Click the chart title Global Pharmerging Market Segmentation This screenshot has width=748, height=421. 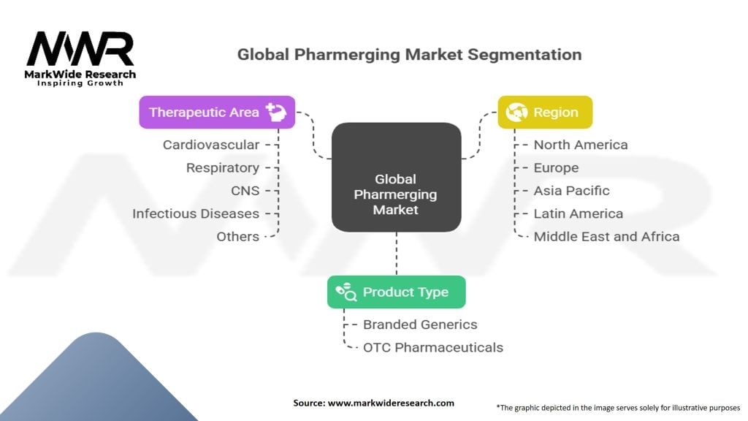coord(409,55)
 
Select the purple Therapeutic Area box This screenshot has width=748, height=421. coord(217,112)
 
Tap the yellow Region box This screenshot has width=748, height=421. coord(545,112)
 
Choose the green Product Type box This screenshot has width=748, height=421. coord(396,292)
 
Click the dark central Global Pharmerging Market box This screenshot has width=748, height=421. coord(396,178)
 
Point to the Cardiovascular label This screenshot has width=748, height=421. coord(211,145)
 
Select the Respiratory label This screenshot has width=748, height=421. coord(223,167)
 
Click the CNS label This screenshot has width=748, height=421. coord(245,191)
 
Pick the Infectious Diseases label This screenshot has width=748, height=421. coord(196,213)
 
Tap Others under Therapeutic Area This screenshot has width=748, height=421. coord(237,236)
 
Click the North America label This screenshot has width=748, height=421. coord(580,145)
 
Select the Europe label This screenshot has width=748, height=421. coord(556,167)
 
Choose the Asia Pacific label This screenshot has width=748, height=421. coord(571,191)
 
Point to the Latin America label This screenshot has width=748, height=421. coord(578,213)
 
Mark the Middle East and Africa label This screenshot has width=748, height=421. coord(606,236)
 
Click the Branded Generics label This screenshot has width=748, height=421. coord(420,325)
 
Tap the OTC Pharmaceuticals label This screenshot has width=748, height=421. coord(433,347)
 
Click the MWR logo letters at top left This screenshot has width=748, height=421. coord(80,50)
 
